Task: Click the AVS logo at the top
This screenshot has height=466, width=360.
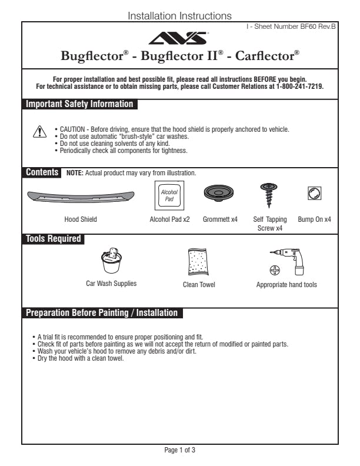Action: pyautogui.click(x=179, y=39)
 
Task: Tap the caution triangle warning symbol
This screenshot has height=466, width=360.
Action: pyautogui.click(x=39, y=132)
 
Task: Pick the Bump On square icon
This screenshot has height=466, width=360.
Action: pyautogui.click(x=315, y=193)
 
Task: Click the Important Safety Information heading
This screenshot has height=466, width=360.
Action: pyautogui.click(x=79, y=105)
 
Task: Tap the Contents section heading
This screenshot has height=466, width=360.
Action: pyautogui.click(x=42, y=172)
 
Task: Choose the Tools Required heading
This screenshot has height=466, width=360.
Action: pyautogui.click(x=53, y=239)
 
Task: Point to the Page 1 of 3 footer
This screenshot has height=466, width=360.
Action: pyautogui.click(x=179, y=450)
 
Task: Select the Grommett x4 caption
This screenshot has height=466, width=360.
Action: pyautogui.click(x=220, y=219)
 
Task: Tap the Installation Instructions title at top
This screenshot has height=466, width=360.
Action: pyautogui.click(x=179, y=16)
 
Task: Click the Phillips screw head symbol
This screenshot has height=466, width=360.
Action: pyautogui.click(x=274, y=270)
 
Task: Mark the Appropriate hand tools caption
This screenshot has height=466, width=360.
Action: pyautogui.click(x=286, y=285)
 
